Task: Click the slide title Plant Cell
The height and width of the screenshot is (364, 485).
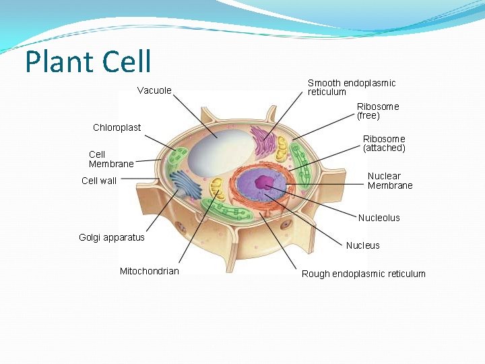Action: click(88, 62)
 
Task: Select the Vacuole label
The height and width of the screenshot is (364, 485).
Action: click(154, 90)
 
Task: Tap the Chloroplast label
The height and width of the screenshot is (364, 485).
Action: click(117, 127)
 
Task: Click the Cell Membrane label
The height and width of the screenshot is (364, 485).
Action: click(111, 159)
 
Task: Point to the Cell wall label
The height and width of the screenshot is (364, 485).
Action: click(99, 181)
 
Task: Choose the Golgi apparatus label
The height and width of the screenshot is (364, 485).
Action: click(112, 237)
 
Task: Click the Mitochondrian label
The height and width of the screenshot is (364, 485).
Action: click(150, 271)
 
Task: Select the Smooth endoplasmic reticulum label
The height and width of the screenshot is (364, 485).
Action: click(352, 87)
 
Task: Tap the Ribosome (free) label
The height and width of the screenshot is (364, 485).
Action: click(377, 111)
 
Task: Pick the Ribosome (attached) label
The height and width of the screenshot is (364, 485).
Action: click(384, 144)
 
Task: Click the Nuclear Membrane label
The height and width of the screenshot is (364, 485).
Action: click(389, 181)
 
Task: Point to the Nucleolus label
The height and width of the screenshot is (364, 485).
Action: click(379, 218)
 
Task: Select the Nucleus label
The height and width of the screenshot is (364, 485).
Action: click(362, 245)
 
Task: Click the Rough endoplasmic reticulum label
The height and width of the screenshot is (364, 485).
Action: click(363, 274)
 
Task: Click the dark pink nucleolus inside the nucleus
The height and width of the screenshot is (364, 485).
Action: click(261, 181)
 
